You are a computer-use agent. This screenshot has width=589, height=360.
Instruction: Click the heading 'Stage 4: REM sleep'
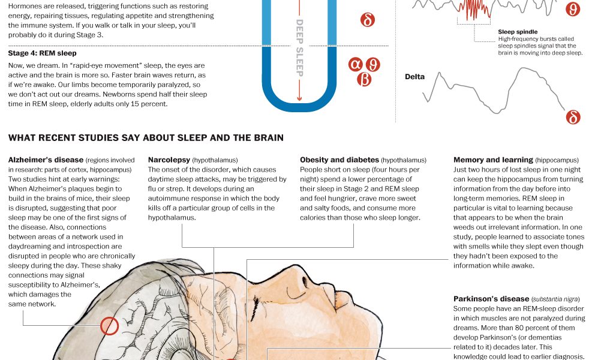(42, 53)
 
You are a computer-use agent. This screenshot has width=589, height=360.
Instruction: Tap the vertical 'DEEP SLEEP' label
(299, 48)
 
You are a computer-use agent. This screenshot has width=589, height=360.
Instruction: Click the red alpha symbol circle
(355, 64)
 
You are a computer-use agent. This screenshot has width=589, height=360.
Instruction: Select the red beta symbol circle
(364, 80)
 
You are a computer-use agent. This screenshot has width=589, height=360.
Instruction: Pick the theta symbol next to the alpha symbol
(372, 65)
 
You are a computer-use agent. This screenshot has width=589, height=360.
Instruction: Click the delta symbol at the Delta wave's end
(573, 117)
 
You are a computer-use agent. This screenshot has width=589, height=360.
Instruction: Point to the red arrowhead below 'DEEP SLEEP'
(299, 98)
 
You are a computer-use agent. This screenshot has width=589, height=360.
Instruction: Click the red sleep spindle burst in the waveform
(474, 9)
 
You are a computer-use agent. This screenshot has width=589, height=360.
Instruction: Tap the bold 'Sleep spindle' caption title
(518, 32)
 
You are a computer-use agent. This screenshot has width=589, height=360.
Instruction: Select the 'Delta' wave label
(414, 77)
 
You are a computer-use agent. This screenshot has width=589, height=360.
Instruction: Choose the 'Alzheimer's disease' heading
(46, 160)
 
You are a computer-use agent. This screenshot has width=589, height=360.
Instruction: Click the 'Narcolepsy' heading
(169, 160)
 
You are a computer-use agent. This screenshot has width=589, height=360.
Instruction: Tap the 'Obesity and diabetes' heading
(339, 160)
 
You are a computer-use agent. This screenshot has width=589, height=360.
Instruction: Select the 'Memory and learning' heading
(493, 160)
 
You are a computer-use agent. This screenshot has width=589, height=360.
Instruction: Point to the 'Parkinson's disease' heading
(491, 299)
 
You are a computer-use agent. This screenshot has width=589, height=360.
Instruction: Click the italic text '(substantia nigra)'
(555, 299)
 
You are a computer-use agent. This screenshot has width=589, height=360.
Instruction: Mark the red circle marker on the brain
(109, 326)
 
